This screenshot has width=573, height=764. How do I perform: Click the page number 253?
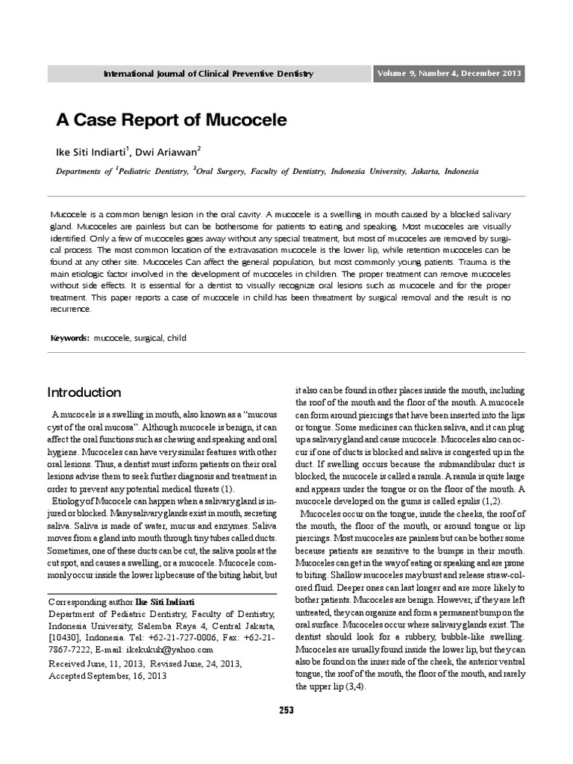tap(286, 710)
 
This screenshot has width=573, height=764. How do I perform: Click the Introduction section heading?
tap(84, 392)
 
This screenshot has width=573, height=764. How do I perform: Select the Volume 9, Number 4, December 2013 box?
tap(448, 73)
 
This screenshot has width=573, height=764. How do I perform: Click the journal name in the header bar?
tap(208, 74)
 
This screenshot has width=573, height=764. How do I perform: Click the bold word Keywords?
tap(69, 338)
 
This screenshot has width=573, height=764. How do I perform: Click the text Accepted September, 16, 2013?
tap(107, 675)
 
